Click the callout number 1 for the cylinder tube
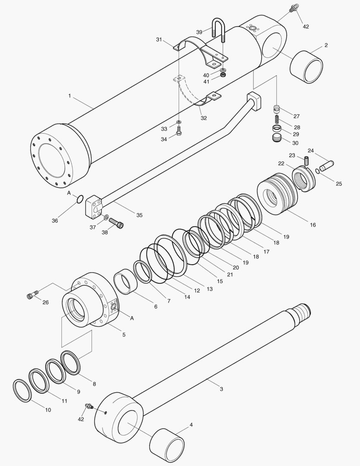[69, 96]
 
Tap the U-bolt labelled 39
[218, 31]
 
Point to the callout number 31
[159, 40]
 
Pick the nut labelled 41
[223, 75]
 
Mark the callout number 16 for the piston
[313, 225]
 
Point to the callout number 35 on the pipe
[139, 214]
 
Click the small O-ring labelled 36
[79, 199]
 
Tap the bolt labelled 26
[31, 296]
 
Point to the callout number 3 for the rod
[221, 389]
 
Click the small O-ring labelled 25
[317, 171]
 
